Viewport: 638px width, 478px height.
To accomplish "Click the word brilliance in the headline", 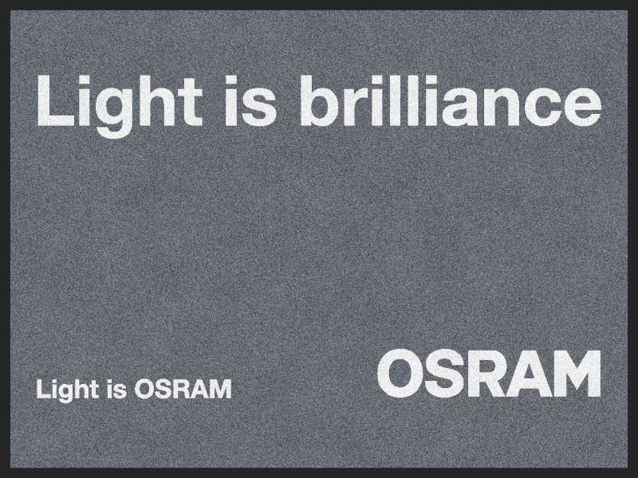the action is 451,100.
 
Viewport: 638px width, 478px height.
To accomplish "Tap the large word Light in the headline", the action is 120,106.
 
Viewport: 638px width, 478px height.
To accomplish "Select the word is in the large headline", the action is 250,100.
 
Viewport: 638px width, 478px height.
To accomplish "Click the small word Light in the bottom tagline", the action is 68,390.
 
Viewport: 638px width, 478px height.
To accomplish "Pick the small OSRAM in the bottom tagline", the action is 183,389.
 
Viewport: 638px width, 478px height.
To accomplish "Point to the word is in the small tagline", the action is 117,389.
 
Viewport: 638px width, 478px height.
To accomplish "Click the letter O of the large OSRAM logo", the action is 400,374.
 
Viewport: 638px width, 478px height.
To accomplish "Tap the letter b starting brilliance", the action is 321,101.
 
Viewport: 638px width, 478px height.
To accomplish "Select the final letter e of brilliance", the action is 581,107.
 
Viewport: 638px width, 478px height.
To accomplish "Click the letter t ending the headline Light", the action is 191,103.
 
